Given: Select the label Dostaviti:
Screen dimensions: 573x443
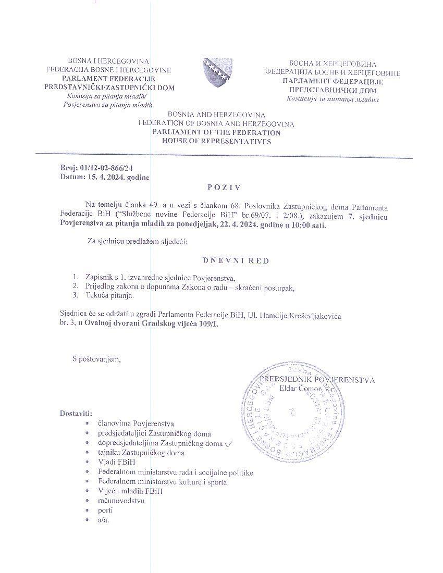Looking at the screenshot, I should point(76,414).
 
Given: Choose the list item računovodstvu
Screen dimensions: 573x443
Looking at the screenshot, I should point(121,501).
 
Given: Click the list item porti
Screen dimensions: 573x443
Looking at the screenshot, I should point(105,510).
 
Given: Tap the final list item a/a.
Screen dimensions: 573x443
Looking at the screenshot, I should point(103,520).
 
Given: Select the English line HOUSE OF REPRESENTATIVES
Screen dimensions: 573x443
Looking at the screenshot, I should point(216,141).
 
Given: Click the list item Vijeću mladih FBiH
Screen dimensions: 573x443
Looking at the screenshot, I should point(130,491).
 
